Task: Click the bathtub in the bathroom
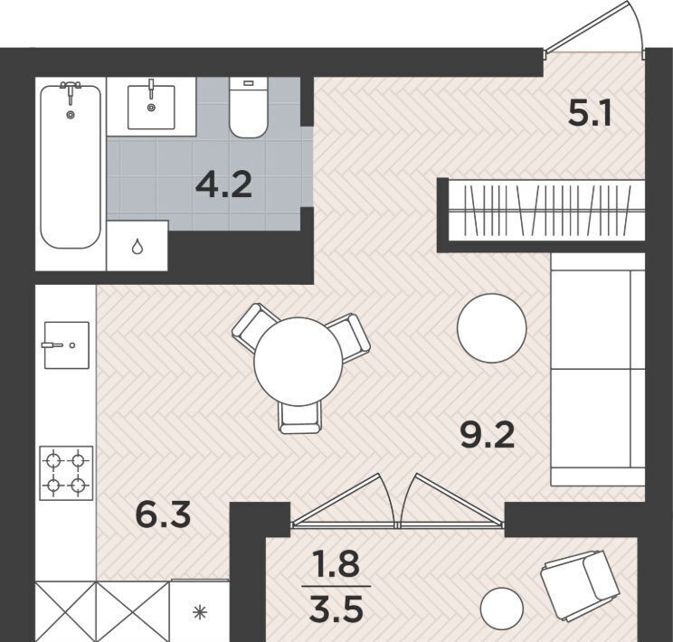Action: (x=71, y=166)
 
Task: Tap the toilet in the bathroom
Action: (x=249, y=108)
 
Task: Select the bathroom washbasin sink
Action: (x=151, y=107)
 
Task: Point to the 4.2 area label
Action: (x=223, y=186)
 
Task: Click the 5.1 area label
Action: (x=589, y=114)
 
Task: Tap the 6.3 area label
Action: (x=163, y=515)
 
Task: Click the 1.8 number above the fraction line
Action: (x=336, y=563)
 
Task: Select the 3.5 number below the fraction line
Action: (x=336, y=609)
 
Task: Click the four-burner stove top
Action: (x=67, y=473)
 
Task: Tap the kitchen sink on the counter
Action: (x=67, y=345)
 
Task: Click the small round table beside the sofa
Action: (x=492, y=328)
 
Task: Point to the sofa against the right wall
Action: (x=598, y=369)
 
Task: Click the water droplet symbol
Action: (x=137, y=247)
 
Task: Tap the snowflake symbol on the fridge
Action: (x=200, y=612)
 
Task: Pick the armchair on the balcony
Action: (x=581, y=585)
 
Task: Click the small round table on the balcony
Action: (x=502, y=608)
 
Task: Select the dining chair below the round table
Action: (x=299, y=416)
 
